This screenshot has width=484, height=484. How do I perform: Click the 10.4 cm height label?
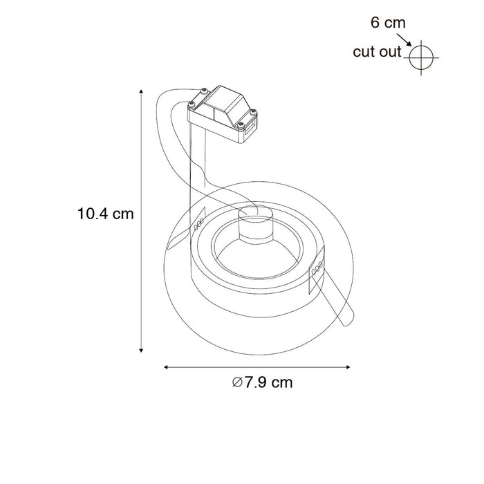[x=105, y=214]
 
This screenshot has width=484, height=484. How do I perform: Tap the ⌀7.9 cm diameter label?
[x=262, y=382]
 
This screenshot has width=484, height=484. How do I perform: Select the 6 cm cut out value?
[x=388, y=23]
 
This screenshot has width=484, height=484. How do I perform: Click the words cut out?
[x=377, y=52]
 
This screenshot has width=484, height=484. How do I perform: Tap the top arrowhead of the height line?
[x=142, y=92]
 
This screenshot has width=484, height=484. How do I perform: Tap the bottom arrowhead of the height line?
[x=142, y=349]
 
